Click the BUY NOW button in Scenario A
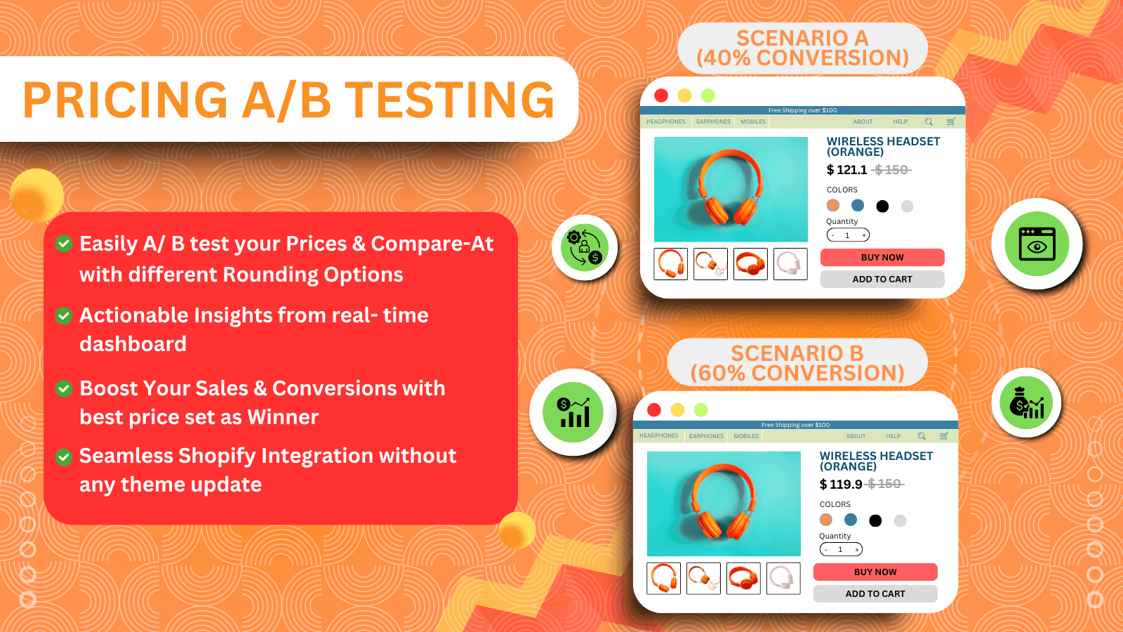[x=882, y=258]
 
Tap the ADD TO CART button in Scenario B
[x=875, y=594]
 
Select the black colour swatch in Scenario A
[x=882, y=206]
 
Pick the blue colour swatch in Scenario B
[x=851, y=520]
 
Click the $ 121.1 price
[x=847, y=170]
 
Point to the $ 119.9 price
[x=841, y=485]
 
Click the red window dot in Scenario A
[x=661, y=96]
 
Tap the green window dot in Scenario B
[x=700, y=410]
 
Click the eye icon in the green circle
[x=1037, y=244]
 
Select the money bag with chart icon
[x=1026, y=403]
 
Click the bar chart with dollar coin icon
[x=573, y=412]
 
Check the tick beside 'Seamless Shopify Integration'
[x=64, y=457]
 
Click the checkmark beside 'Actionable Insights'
[x=64, y=316]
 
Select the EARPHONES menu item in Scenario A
[x=713, y=121]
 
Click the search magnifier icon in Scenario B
[x=922, y=436]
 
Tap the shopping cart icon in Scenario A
[x=951, y=121]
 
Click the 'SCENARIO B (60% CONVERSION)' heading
[x=797, y=363]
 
